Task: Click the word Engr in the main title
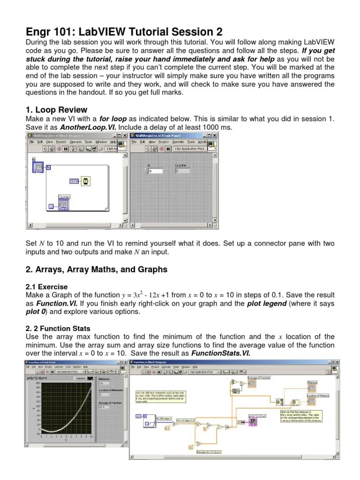coord(38,31)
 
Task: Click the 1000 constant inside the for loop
coord(74,180)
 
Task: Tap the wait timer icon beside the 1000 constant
coord(85,180)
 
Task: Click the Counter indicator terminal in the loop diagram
coord(64,205)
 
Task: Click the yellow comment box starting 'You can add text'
coord(159,397)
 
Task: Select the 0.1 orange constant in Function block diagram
coord(168,428)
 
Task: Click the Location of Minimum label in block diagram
coord(317,396)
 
